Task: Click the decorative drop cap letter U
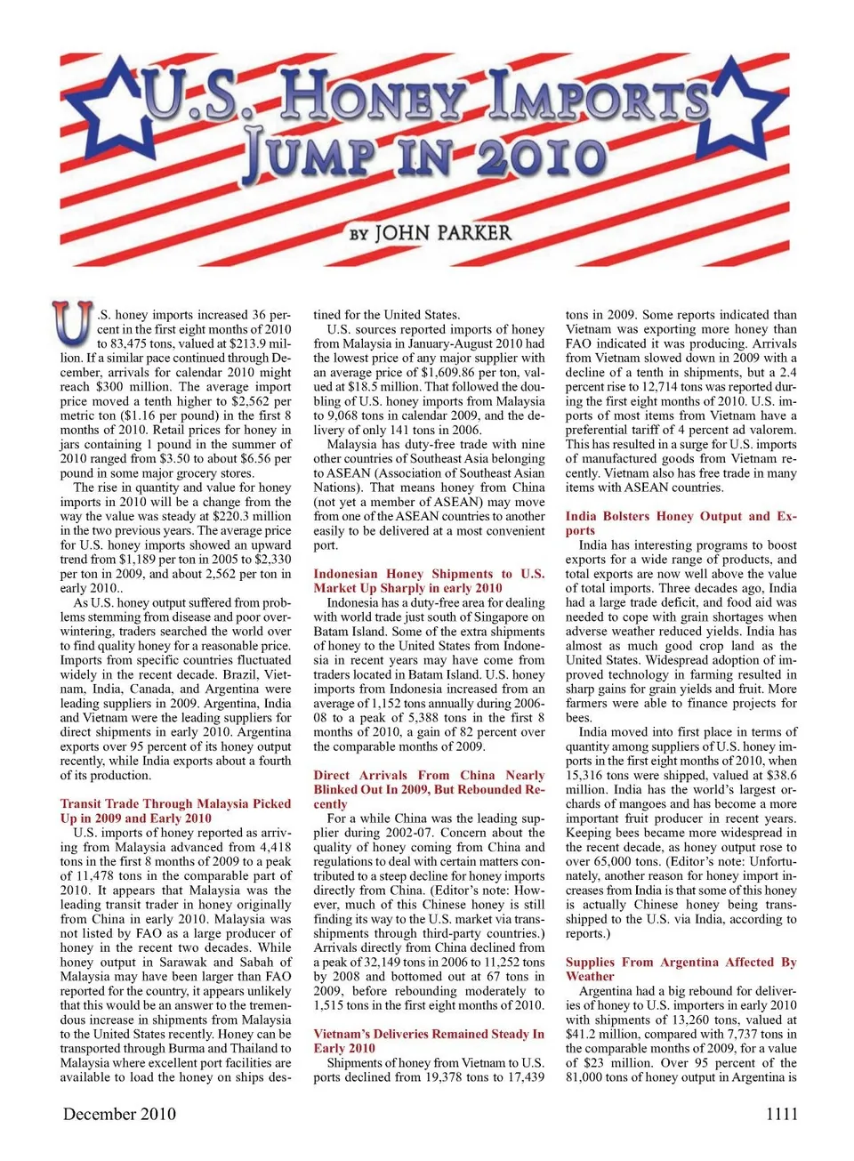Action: coord(72,324)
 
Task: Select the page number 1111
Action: coord(781,1114)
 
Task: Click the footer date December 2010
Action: coord(119,1114)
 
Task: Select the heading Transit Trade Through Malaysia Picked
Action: coord(175,803)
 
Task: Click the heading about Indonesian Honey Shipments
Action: coord(429,575)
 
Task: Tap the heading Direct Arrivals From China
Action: coord(429,776)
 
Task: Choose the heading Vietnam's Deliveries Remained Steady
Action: coord(429,1034)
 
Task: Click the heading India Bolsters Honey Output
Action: coord(681,517)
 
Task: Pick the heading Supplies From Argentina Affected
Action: coord(681,963)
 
